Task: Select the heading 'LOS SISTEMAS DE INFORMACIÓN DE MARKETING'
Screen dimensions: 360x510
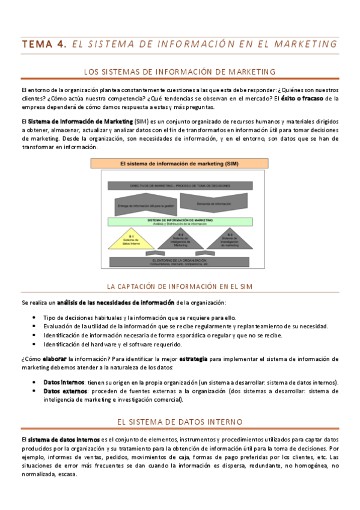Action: (180, 72)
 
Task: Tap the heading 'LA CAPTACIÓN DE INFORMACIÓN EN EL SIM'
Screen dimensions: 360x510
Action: (180, 286)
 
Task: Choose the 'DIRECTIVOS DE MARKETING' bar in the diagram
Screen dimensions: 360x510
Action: (180, 186)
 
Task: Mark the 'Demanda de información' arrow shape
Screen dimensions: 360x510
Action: (214, 204)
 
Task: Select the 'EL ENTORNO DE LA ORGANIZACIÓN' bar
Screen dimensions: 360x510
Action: (180, 262)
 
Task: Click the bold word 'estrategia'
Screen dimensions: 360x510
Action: (193, 358)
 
